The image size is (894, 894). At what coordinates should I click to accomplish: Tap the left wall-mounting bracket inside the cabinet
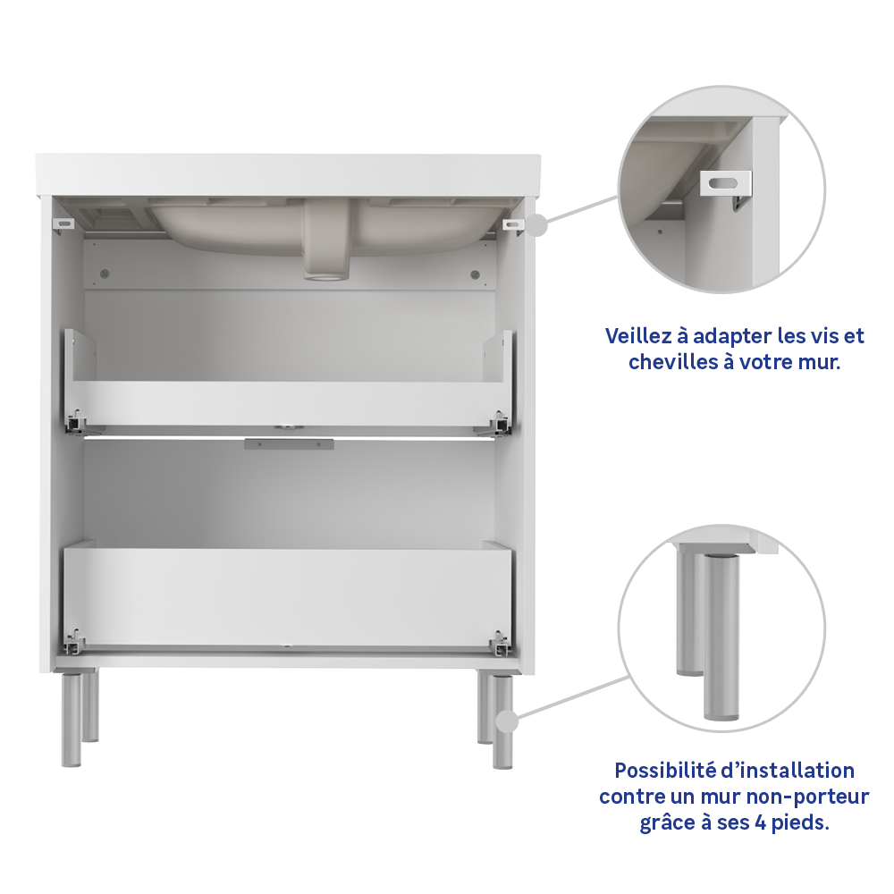coord(64,224)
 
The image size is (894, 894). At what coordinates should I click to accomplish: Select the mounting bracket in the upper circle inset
coord(725,186)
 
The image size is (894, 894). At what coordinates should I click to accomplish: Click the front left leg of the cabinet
coord(72,719)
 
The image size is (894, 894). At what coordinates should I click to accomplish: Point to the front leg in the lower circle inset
coord(721,637)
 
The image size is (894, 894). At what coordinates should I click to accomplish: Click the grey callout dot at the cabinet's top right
coord(536,225)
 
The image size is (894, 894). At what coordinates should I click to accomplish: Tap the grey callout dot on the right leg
coord(507,721)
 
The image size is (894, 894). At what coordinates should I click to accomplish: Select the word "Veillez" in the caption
coord(638,336)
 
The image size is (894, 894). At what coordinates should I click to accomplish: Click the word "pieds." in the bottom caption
coord(800,823)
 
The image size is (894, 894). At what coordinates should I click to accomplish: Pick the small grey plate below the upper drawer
coord(289,443)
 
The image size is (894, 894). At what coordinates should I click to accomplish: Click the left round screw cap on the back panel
coord(105,274)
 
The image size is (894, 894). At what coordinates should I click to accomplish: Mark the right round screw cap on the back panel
coord(475,274)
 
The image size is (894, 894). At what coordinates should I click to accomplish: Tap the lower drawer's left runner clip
coord(75,642)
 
